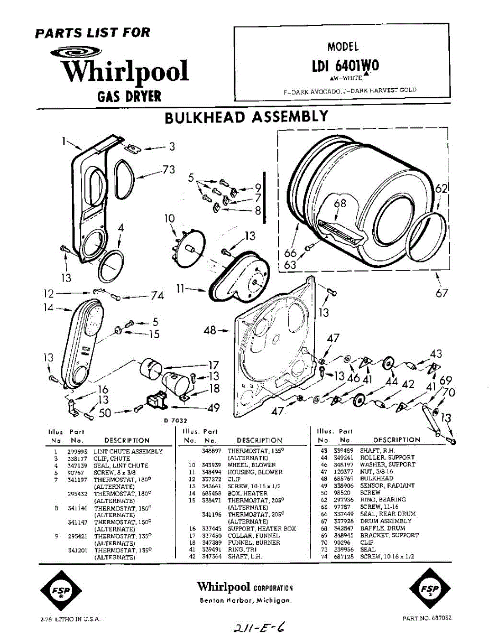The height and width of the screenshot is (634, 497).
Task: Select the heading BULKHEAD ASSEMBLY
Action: click(x=246, y=116)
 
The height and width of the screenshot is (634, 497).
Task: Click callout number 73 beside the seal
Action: click(x=168, y=170)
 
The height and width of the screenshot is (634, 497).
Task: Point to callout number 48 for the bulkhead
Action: click(x=210, y=331)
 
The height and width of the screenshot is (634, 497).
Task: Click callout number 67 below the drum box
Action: click(x=441, y=293)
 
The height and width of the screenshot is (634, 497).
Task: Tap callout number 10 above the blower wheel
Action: click(x=169, y=218)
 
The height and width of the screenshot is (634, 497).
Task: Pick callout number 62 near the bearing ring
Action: click(x=441, y=188)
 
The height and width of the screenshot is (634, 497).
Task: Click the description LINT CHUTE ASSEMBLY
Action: click(x=128, y=452)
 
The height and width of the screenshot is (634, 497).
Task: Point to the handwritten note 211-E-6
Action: click(x=259, y=626)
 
